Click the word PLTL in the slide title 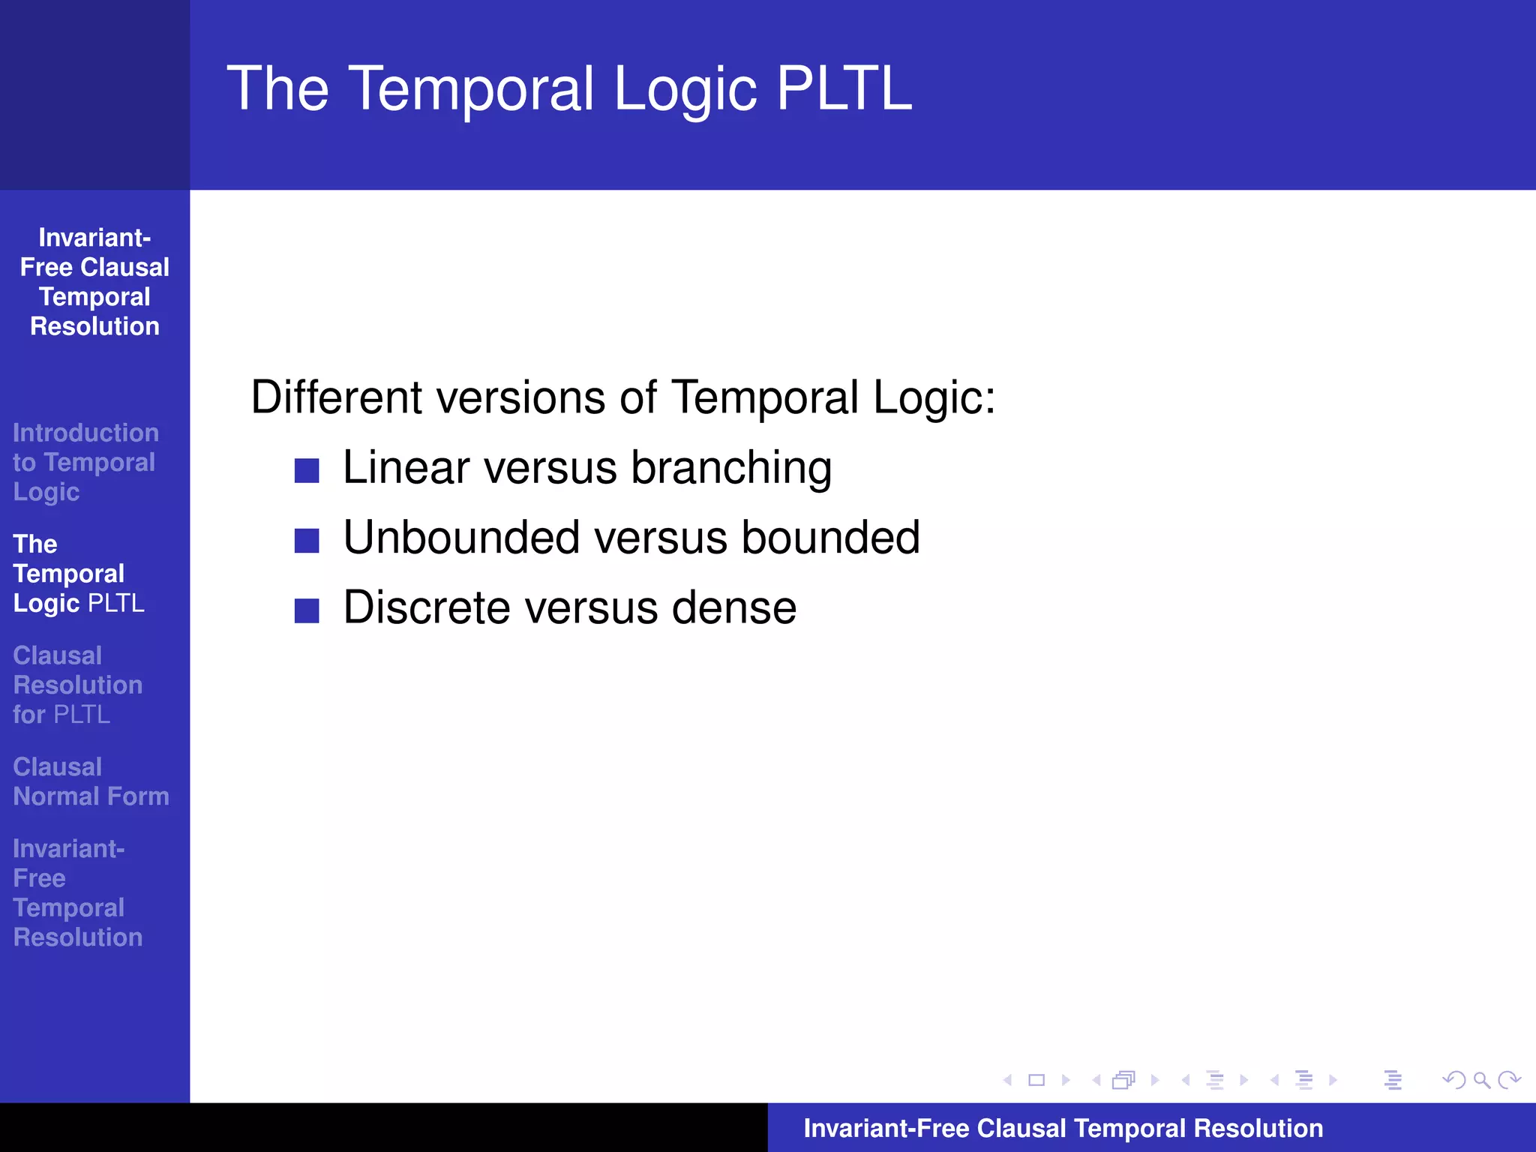click(x=844, y=88)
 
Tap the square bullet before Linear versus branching click(x=307, y=471)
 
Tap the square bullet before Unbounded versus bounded click(x=307, y=540)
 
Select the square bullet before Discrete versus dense click(x=307, y=610)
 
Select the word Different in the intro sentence click(x=335, y=397)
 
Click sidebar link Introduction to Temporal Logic click(x=85, y=462)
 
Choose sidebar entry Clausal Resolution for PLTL click(x=77, y=685)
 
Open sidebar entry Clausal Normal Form click(x=91, y=781)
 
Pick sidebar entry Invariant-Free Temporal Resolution click(x=77, y=892)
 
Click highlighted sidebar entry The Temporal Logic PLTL click(x=78, y=574)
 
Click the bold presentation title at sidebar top click(x=94, y=282)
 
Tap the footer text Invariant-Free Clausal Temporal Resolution click(x=1063, y=1128)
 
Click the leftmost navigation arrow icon click(x=1007, y=1080)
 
